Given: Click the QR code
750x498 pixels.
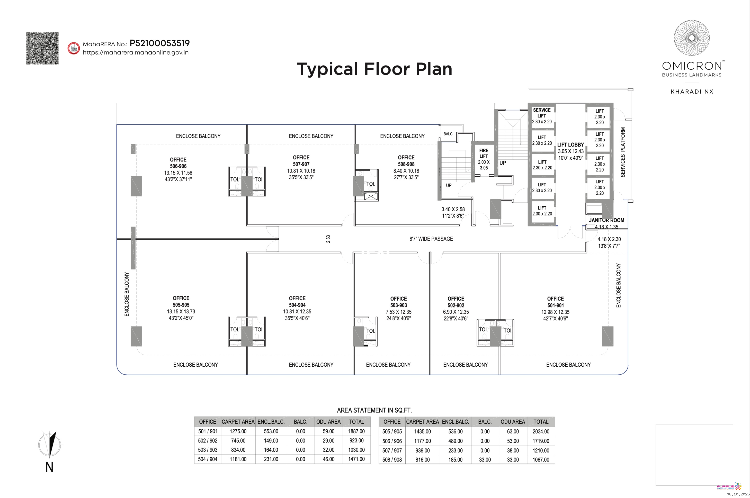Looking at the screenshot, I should point(42,48).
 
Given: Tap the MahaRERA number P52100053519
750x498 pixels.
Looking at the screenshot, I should point(159,43).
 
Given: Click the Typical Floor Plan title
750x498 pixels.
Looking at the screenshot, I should point(374,69).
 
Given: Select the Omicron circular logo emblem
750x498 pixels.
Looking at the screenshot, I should point(692,38).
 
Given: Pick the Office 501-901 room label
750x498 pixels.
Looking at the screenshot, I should point(555,302).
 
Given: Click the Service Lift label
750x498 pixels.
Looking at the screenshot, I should point(542,113).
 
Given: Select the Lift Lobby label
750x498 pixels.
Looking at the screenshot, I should point(570,145).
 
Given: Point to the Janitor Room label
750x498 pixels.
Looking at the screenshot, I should point(606,220).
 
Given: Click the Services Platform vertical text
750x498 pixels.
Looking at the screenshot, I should point(623,152).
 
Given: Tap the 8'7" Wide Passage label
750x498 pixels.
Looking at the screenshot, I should point(431,239).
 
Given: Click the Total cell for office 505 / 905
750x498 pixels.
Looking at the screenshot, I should point(541,431).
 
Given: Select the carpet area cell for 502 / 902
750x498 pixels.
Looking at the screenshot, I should point(238,440).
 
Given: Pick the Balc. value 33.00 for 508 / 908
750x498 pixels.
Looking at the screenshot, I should point(485,460).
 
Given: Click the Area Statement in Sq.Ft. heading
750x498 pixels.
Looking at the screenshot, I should point(374,410).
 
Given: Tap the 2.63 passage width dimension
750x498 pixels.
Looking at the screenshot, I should point(328,239).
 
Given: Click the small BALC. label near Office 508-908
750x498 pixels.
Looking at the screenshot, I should point(448,134).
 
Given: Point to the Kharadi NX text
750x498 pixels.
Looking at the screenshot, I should point(692,92).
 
